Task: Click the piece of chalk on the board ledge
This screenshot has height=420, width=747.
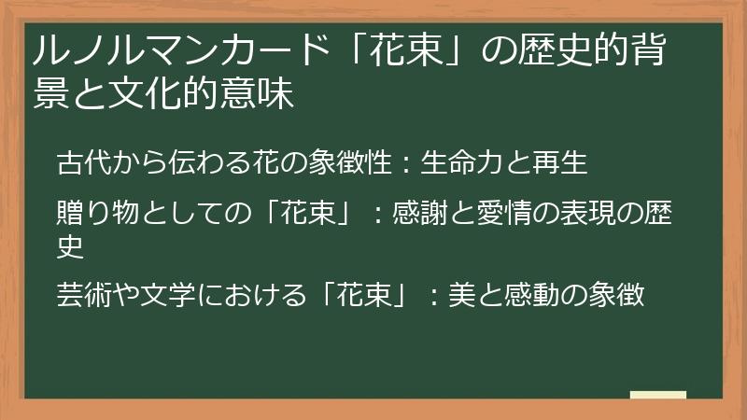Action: (657, 395)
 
